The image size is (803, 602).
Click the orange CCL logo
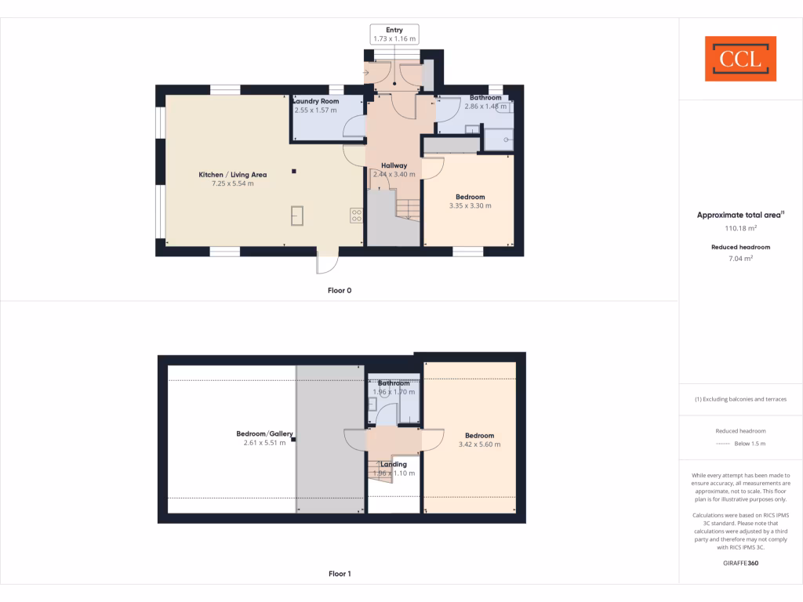click(x=740, y=59)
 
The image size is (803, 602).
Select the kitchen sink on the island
click(x=298, y=215)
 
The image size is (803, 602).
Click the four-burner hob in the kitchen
click(x=356, y=213)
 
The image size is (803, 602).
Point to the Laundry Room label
click(x=315, y=101)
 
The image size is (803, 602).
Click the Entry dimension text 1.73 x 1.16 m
click(x=394, y=38)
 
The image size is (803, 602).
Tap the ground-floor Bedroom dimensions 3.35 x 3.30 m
click(x=470, y=206)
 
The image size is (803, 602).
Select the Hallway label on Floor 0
click(x=394, y=165)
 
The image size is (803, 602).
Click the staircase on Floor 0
click(x=407, y=209)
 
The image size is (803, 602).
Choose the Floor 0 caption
click(x=340, y=290)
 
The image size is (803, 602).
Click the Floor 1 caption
click(x=340, y=574)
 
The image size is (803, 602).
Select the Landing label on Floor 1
click(x=394, y=464)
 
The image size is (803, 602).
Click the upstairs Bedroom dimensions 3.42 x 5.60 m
click(x=479, y=444)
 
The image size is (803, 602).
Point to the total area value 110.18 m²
click(x=740, y=229)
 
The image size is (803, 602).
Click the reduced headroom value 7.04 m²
click(x=740, y=257)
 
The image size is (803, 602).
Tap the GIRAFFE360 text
click(x=740, y=563)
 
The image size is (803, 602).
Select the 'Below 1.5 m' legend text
click(x=749, y=444)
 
